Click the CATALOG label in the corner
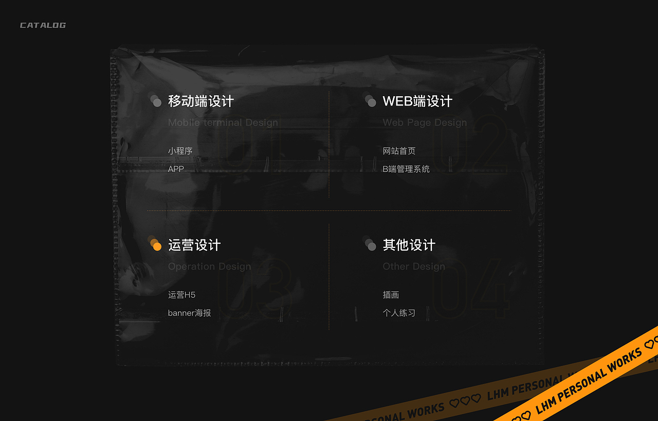click(43, 25)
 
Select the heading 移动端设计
click(200, 101)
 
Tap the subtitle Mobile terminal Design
click(223, 122)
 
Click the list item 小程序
click(180, 151)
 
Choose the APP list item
click(176, 169)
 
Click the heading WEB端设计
click(417, 101)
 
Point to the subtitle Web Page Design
click(425, 122)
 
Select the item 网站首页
click(399, 151)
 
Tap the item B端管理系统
click(406, 169)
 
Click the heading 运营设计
click(194, 245)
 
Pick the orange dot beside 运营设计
click(157, 246)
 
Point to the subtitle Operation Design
click(209, 266)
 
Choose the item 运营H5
click(181, 295)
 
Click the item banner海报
click(189, 313)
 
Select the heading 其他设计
click(409, 245)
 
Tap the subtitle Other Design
click(414, 266)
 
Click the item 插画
click(391, 295)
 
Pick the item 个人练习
click(399, 313)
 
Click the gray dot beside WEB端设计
click(371, 102)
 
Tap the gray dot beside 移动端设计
click(157, 102)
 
